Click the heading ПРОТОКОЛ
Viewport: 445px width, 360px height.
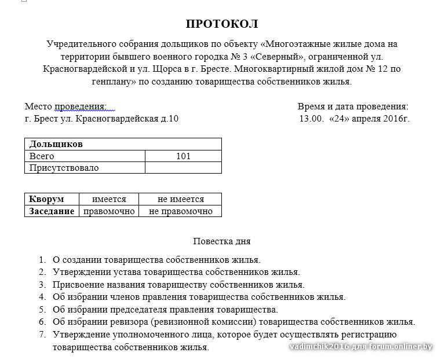tap(222, 24)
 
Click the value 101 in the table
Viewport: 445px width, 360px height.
tap(183, 156)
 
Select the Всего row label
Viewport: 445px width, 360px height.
tap(42, 156)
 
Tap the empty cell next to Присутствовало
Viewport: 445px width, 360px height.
tap(183, 168)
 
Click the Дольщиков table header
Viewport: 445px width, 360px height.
tap(56, 144)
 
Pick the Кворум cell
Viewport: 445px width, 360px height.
tap(46, 199)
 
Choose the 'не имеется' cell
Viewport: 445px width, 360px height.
tap(180, 199)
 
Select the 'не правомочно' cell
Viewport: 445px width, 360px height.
tap(180, 211)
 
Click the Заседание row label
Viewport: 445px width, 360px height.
tap(52, 211)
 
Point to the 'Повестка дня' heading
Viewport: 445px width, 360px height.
tap(222, 241)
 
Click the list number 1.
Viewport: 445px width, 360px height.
tap(42, 260)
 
